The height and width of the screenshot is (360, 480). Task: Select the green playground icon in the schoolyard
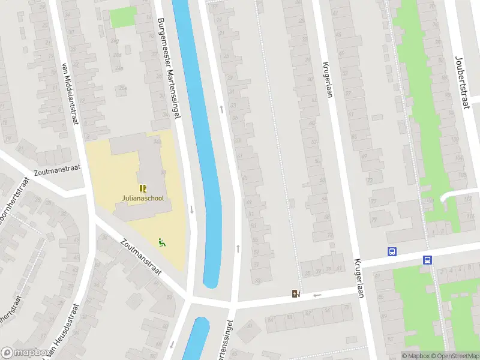point(161,242)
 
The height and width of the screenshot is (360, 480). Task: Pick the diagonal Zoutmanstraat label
point(141,257)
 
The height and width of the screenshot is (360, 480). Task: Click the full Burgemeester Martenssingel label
point(168,68)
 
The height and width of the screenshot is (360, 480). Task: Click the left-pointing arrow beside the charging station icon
point(317,295)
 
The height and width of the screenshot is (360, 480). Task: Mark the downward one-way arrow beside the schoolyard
point(191,209)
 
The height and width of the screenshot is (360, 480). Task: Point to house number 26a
point(122,88)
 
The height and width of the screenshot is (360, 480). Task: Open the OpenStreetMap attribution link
point(454,356)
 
